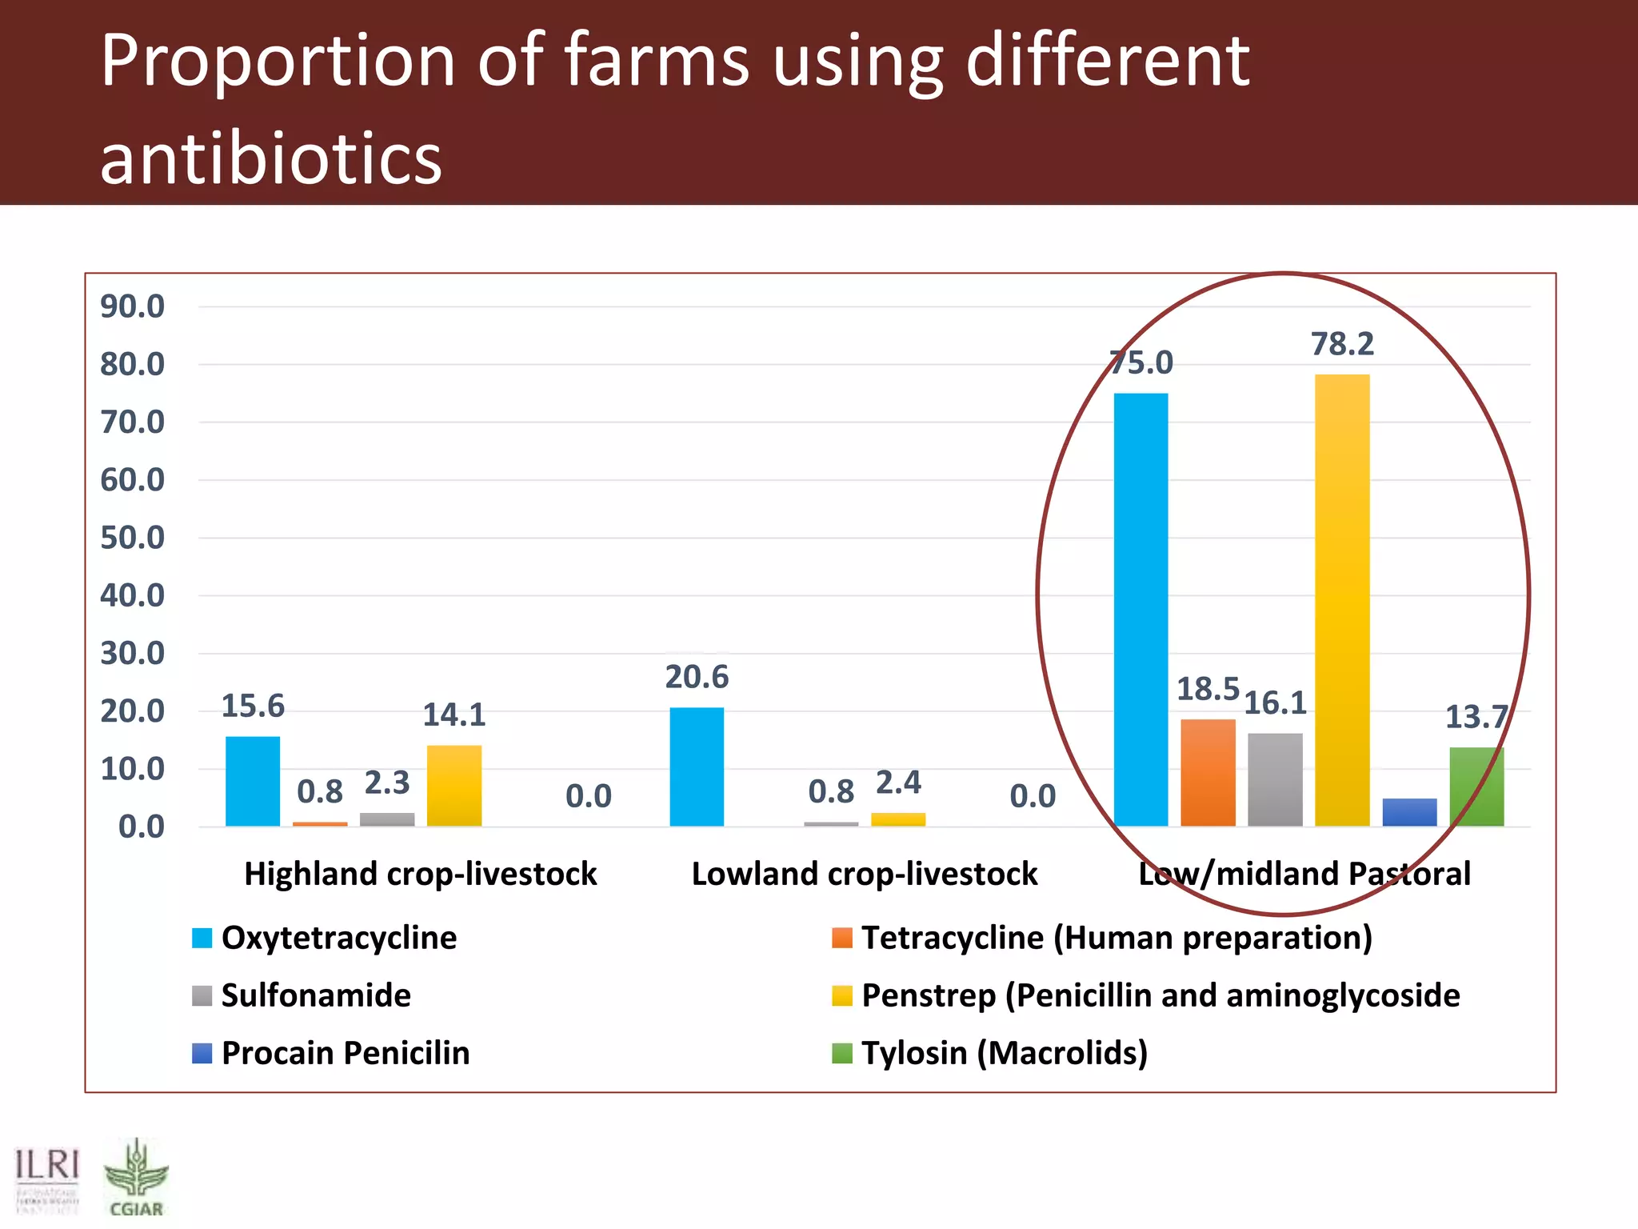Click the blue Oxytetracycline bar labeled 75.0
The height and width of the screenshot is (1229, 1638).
(x=1141, y=609)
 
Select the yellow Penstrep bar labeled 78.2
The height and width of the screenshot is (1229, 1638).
(x=1342, y=600)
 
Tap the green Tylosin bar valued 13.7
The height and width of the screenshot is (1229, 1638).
(x=1476, y=787)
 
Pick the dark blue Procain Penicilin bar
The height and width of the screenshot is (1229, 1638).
(x=1409, y=812)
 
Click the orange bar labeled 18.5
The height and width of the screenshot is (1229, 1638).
(x=1208, y=772)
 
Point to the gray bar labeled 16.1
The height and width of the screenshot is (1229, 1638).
(x=1275, y=779)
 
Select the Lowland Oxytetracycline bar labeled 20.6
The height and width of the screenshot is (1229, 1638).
(x=697, y=767)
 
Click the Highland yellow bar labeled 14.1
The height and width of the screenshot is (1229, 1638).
(x=454, y=785)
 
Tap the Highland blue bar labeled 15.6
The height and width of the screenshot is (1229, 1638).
(x=253, y=781)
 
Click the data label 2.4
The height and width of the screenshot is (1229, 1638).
(x=898, y=783)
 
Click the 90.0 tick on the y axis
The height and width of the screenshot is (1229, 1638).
(x=132, y=306)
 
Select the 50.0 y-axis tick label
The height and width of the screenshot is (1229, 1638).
(x=132, y=538)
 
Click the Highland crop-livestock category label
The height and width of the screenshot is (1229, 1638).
(x=421, y=874)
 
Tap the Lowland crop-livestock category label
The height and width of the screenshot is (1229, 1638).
(x=865, y=874)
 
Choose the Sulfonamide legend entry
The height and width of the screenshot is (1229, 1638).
(x=316, y=995)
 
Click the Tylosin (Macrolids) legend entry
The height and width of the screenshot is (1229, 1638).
(x=1004, y=1053)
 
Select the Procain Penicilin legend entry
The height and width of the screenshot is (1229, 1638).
(x=345, y=1053)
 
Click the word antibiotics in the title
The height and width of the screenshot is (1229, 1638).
(x=271, y=158)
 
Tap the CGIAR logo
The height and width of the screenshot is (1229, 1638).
(x=136, y=1178)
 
